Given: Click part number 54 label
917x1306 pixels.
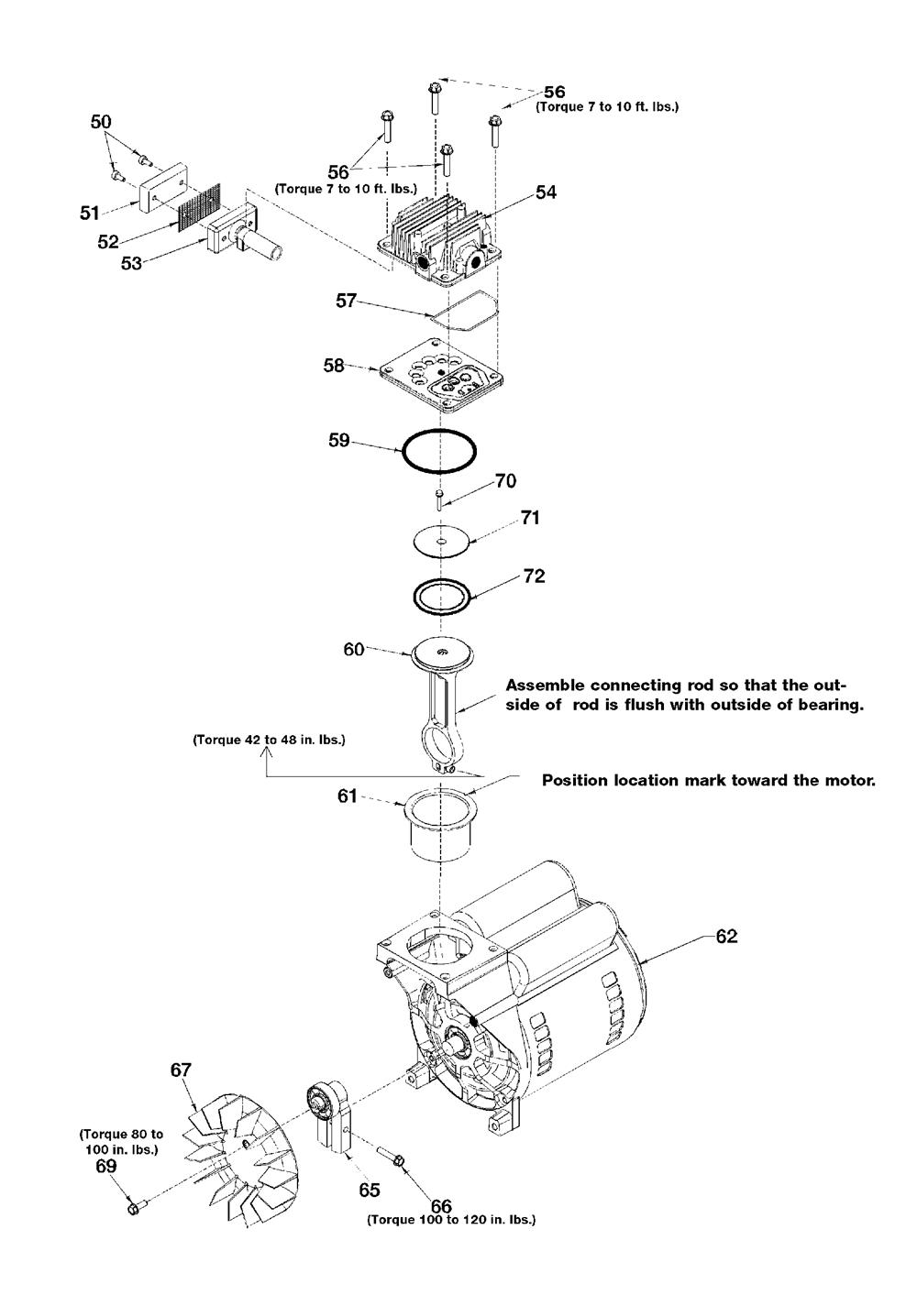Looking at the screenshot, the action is [546, 192].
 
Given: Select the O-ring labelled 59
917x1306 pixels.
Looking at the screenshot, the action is [438, 451].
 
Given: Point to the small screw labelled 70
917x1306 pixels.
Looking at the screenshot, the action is [440, 499].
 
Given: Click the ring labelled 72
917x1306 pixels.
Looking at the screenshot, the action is [442, 597].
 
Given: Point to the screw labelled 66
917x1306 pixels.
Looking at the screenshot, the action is [389, 1155].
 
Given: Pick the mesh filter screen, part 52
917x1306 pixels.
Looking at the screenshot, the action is [200, 207].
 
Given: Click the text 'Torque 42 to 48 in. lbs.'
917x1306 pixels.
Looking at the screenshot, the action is [269, 741].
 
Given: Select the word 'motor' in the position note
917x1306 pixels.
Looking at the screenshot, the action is [849, 781].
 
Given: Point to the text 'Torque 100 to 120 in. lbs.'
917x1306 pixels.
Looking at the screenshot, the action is [451, 1219].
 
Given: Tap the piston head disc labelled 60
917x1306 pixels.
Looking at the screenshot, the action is [442, 654].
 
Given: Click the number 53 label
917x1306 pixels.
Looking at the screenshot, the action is [131, 264].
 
